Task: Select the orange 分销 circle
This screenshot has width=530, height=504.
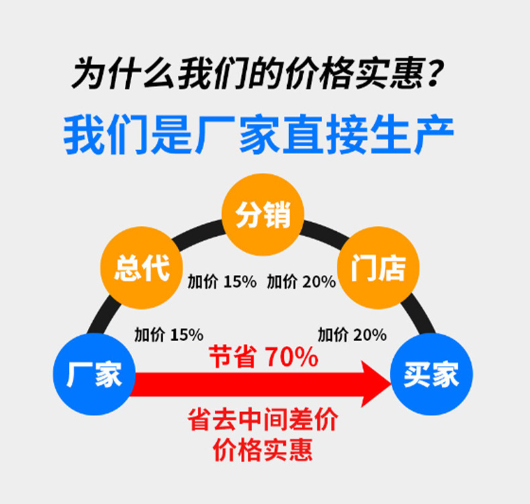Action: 263,214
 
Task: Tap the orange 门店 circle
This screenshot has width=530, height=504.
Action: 378,267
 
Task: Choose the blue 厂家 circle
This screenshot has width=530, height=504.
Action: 94,374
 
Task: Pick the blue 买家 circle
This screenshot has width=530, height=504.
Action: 431,374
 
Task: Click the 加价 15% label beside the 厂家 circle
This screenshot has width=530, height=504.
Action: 168,334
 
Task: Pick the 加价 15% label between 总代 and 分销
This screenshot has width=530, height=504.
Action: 221,281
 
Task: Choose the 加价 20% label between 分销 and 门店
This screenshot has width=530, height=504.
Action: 301,281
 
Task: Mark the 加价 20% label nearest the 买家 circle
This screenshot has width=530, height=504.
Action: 352,334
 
